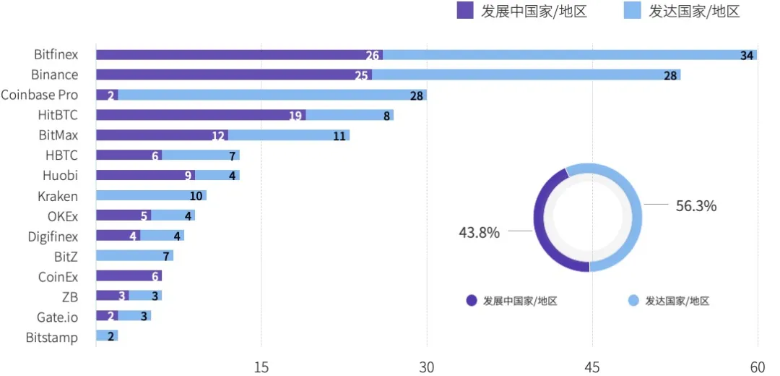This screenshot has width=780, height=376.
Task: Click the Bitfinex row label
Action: [56, 54]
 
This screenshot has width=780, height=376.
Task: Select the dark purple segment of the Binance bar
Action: [231, 74]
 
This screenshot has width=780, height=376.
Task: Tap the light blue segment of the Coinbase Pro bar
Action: [271, 95]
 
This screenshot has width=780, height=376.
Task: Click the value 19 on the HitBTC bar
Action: [295, 115]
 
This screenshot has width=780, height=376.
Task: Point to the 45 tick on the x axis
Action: [592, 367]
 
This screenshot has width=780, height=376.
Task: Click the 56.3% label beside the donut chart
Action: [695, 206]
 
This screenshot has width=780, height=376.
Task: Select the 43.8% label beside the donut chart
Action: [479, 232]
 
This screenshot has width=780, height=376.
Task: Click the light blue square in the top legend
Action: [631, 11]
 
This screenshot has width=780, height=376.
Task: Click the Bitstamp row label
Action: [51, 337]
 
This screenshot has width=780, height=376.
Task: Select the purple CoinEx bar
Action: [129, 275]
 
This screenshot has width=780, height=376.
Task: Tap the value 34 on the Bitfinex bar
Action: [747, 56]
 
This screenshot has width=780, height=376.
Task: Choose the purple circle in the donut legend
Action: [472, 301]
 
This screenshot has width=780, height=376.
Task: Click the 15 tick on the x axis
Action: [261, 367]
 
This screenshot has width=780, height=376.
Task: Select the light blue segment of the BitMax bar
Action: [289, 135]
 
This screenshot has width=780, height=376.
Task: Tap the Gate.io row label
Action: [57, 317]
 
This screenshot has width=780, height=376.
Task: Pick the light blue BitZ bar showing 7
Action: [134, 255]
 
